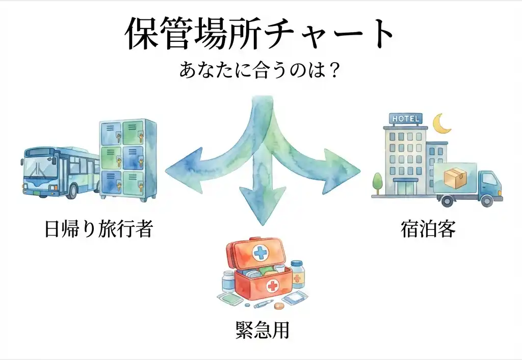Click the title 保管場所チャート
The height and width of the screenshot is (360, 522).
(260, 34)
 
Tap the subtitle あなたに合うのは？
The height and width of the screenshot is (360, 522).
(260, 70)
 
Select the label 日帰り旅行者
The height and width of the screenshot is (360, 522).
(98, 229)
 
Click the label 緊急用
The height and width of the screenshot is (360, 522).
(262, 330)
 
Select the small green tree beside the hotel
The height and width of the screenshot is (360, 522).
(378, 181)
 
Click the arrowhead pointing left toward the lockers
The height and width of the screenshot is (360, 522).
(178, 169)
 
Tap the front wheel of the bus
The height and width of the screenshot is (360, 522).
(72, 191)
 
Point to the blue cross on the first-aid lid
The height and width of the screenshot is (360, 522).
(260, 252)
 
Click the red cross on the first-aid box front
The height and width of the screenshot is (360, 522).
(273, 286)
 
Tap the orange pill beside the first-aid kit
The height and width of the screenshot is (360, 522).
(279, 306)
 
